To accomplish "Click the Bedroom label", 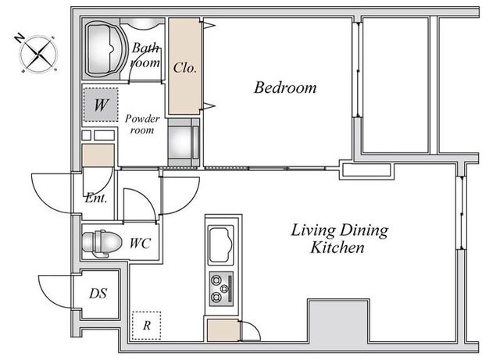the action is click(x=285, y=87).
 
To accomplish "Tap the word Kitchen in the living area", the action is click(x=337, y=248).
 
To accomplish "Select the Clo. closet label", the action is click(x=184, y=68).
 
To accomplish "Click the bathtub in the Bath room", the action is click(x=102, y=48).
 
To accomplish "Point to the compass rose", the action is click(x=38, y=54).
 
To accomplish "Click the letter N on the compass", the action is click(x=20, y=38).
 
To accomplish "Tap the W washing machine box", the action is click(x=101, y=105).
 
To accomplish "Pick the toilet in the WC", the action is click(x=102, y=244).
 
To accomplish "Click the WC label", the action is click(x=140, y=244).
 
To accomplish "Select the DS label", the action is click(x=98, y=294).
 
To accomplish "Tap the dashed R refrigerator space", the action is click(x=146, y=326).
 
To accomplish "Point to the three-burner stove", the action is click(x=221, y=289).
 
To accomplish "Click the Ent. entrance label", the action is click(x=96, y=198).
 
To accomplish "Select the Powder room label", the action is click(x=142, y=124).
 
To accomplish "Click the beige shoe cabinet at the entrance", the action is click(x=98, y=155).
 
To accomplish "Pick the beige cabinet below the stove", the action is click(x=223, y=330).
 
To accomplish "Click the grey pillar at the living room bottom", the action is click(x=338, y=321).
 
